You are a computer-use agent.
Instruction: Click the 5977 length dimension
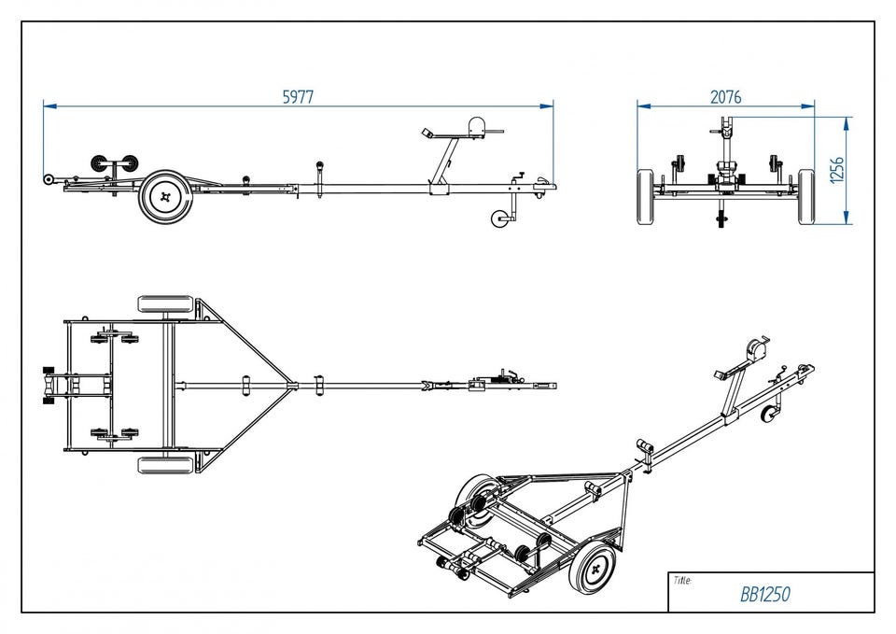click(x=298, y=95)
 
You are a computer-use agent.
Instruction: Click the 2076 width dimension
click(x=725, y=95)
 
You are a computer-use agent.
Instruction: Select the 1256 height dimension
click(x=837, y=169)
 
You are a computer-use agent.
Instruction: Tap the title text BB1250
click(x=765, y=594)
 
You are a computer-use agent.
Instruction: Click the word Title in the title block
click(x=682, y=581)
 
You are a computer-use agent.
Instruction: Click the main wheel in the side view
click(x=166, y=197)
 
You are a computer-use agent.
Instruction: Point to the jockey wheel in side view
click(x=500, y=218)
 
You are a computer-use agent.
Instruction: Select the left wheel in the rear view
click(x=646, y=197)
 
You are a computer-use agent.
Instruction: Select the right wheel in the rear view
click(x=806, y=197)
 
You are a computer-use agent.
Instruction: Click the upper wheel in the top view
click(x=165, y=304)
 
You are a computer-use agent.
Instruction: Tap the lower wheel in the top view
click(x=165, y=464)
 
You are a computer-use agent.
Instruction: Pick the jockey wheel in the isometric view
click(x=771, y=415)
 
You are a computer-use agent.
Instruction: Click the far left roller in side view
click(x=48, y=178)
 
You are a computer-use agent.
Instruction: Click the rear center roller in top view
click(x=48, y=385)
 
